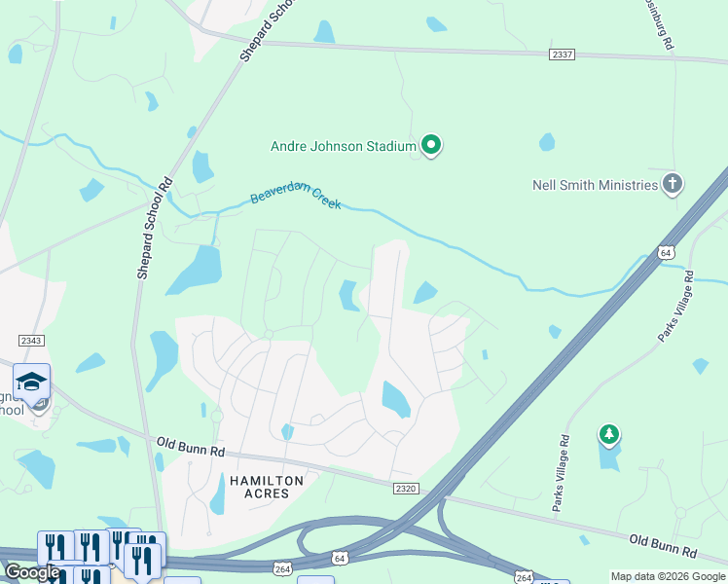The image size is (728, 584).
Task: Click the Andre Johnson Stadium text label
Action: tap(343, 147)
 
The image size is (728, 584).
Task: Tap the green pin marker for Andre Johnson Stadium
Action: tap(432, 146)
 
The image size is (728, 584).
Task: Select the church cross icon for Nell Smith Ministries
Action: tap(673, 184)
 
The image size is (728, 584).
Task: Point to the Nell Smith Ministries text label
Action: tap(595, 185)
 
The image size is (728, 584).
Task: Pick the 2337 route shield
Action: tap(562, 55)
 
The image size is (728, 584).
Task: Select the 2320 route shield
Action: tap(407, 486)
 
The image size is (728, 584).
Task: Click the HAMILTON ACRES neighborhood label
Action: tap(267, 488)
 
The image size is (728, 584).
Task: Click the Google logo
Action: tap(32, 572)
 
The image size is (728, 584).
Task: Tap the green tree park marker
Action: tap(609, 434)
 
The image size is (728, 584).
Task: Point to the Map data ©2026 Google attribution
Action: tap(667, 576)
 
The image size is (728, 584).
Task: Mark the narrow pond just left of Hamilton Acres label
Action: tap(218, 498)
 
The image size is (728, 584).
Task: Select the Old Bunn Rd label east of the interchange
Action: tap(663, 545)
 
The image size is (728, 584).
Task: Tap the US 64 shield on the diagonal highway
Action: tap(666, 252)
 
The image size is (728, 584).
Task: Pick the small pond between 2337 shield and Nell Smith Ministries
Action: tap(547, 142)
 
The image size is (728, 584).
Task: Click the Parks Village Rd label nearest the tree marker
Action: tap(562, 473)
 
